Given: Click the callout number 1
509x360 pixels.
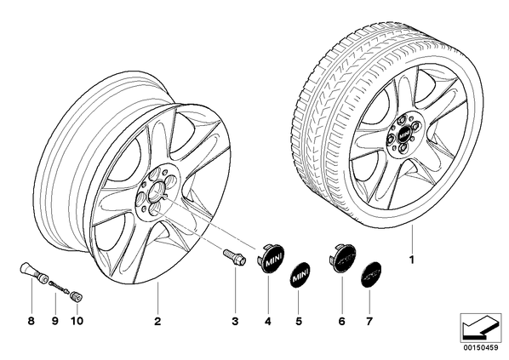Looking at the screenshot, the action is [412, 260].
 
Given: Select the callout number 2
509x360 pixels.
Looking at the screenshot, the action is [157, 322].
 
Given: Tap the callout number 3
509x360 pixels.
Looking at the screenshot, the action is [235, 322].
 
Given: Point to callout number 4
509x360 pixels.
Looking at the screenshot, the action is [267, 322].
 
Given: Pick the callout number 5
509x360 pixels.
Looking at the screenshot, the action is [299, 322].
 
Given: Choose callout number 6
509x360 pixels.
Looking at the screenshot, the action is [341, 322].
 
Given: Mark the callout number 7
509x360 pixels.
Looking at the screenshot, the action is [369, 322].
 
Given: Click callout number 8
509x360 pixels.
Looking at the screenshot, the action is [31, 322].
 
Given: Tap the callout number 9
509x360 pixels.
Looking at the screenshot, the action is [54, 322].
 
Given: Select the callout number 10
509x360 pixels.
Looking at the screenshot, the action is [77, 322].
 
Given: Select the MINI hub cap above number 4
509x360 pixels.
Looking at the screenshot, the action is [270, 259].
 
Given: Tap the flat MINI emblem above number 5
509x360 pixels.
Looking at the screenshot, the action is [300, 276].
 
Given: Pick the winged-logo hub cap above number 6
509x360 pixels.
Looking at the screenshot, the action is [343, 259].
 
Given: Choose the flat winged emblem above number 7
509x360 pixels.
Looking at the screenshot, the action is [371, 274].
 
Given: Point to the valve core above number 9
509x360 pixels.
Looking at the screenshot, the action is [60, 288].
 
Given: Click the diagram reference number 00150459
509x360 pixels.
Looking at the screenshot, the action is [480, 348].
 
